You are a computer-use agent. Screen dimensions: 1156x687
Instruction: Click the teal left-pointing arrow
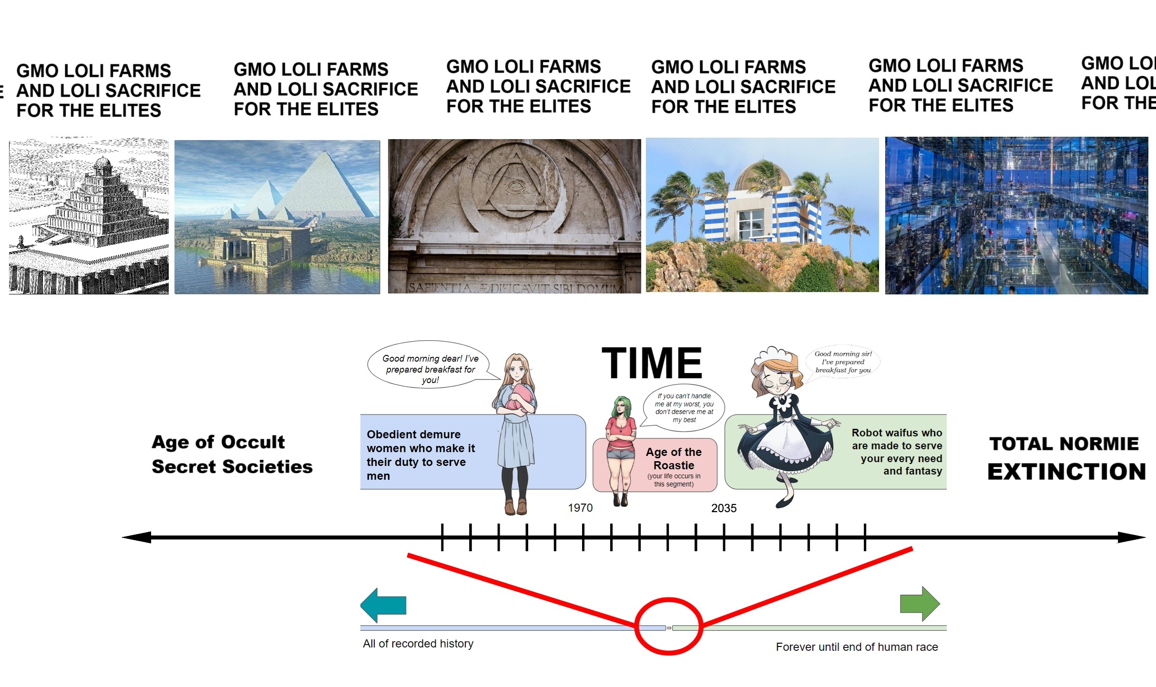point(383,605)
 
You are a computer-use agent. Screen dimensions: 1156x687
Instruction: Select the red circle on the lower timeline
point(668,626)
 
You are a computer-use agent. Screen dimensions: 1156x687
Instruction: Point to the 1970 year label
point(580,508)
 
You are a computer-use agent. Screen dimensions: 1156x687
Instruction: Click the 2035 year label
point(724,508)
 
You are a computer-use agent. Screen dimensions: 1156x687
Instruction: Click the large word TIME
point(652,363)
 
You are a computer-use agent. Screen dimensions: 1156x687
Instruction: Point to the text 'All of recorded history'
point(418,644)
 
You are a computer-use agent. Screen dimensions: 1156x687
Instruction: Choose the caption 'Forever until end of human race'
point(857,647)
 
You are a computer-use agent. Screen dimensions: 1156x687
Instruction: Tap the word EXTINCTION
point(1066,472)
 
